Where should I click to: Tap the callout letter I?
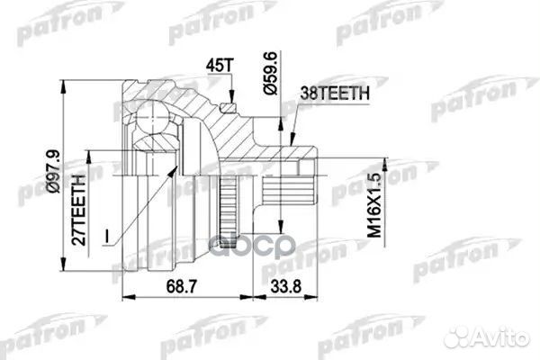pyautogui.click(x=106, y=237)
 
